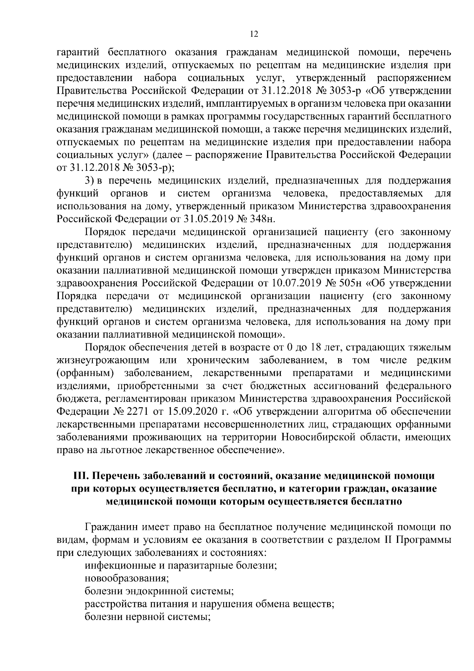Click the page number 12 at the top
(x=254, y=34)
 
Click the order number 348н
(x=264, y=219)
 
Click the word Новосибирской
(x=316, y=437)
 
